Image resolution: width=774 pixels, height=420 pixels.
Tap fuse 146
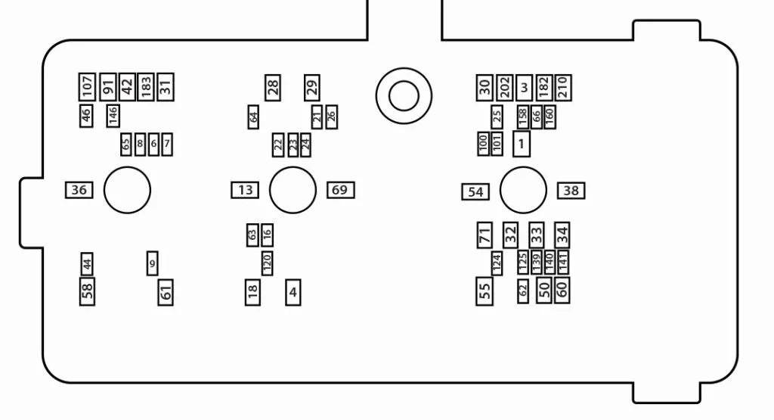[x=113, y=116]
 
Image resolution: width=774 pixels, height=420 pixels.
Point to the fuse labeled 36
[x=79, y=190]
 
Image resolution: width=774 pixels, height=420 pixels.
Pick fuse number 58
[x=88, y=291]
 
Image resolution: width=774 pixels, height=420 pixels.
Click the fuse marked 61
[x=166, y=291]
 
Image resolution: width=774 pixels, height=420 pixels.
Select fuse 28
[x=273, y=87]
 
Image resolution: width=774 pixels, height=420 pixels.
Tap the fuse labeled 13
[x=246, y=190]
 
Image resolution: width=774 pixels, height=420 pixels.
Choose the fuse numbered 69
[x=340, y=190]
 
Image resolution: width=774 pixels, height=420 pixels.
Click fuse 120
[x=267, y=263]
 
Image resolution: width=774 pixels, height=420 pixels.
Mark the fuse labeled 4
[x=293, y=291]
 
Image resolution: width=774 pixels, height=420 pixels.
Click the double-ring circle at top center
[x=404, y=95]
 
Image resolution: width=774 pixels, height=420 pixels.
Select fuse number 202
[x=505, y=87]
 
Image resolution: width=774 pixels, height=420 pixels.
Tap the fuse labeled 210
[x=562, y=87]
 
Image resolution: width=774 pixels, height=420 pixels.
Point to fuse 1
[x=521, y=144]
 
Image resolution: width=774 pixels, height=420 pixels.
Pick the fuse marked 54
[x=475, y=192]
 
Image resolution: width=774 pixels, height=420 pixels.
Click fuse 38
[x=571, y=191]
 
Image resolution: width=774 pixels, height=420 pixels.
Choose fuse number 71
[x=485, y=235]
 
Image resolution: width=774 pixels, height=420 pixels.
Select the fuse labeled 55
[x=485, y=291]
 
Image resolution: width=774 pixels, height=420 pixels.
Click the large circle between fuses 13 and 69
[x=293, y=190]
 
